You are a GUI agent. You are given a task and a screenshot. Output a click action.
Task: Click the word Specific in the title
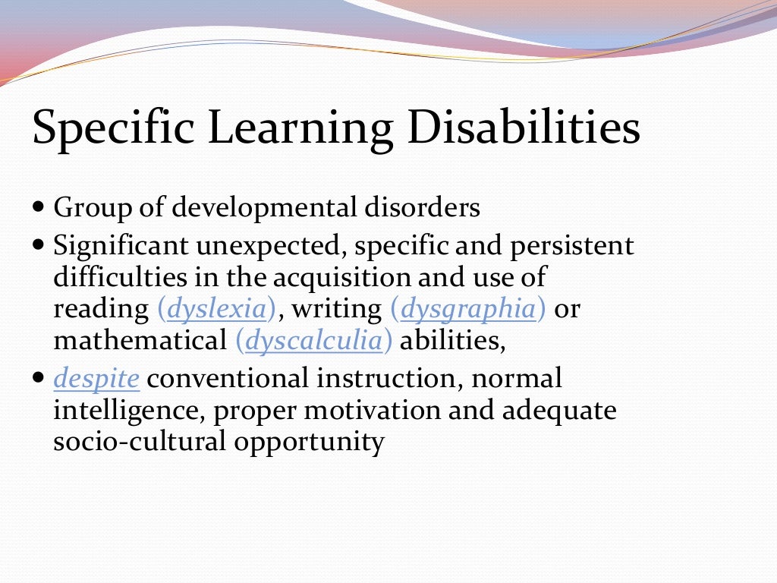coord(112,130)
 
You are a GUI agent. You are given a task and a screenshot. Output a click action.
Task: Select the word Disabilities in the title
coord(524,130)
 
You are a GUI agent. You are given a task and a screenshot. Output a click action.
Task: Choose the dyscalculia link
coord(313,341)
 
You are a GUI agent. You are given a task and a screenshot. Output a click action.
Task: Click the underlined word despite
coord(96,378)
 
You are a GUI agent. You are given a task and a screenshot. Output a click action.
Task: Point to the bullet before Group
coord(40,206)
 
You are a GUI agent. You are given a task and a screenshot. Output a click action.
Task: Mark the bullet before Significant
coord(40,245)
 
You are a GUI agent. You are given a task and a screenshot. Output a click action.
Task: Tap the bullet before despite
coord(40,377)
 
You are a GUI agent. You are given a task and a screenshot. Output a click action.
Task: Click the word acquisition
coord(341,277)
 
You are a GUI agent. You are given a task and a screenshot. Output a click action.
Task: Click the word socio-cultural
coord(139,442)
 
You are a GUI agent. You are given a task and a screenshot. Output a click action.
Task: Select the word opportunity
coord(309,443)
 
